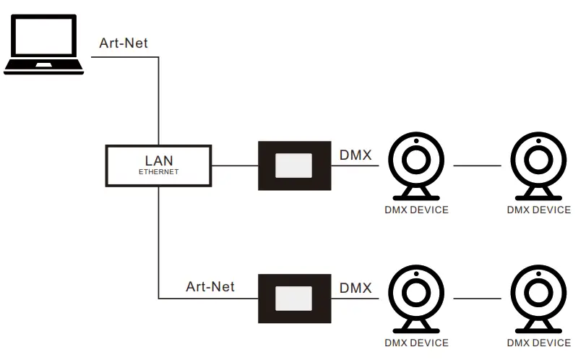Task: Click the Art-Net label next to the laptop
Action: (123, 43)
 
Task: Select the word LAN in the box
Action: (158, 160)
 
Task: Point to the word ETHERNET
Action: (158, 172)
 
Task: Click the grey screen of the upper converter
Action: (293, 166)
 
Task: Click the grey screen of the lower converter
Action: (293, 298)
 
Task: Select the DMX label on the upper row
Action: (356, 155)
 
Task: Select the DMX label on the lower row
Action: (356, 287)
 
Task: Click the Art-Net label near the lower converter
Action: (210, 287)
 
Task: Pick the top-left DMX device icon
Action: (416, 166)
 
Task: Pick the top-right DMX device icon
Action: (538, 166)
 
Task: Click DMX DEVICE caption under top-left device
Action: (416, 210)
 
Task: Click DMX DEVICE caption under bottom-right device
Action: (538, 343)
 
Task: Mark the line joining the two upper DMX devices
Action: (477, 166)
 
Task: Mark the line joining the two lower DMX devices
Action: (477, 298)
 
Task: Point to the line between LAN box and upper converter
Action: (235, 166)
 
